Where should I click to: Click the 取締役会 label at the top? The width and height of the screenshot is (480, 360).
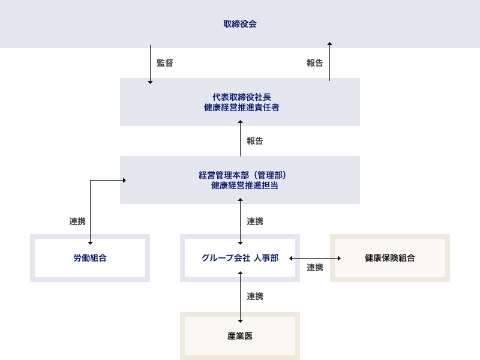point(240,24)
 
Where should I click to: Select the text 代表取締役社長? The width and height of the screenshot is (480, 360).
point(240,97)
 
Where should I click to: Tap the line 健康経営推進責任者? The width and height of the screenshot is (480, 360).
point(240,108)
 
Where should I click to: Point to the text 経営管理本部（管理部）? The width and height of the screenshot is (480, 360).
point(240,175)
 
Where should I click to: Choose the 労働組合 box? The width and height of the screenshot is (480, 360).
point(90,258)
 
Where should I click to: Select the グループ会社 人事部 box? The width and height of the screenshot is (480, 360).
point(240,258)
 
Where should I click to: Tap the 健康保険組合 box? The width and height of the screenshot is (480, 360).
point(390,258)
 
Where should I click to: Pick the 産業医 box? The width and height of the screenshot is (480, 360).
point(240,336)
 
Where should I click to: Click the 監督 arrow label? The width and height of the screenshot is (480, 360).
point(164,62)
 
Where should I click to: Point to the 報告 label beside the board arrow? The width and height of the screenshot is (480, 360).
point(314,62)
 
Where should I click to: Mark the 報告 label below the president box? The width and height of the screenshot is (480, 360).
point(254,142)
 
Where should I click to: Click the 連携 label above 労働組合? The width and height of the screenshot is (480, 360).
point(77,221)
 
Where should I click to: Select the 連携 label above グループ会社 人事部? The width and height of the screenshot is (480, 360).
point(254,221)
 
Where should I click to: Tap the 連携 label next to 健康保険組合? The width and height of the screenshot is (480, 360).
point(314,268)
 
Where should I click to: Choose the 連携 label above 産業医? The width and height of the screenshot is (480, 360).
point(254,296)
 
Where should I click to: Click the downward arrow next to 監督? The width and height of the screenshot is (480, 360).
point(150,63)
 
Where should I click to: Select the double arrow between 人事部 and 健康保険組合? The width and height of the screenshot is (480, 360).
point(315,258)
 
